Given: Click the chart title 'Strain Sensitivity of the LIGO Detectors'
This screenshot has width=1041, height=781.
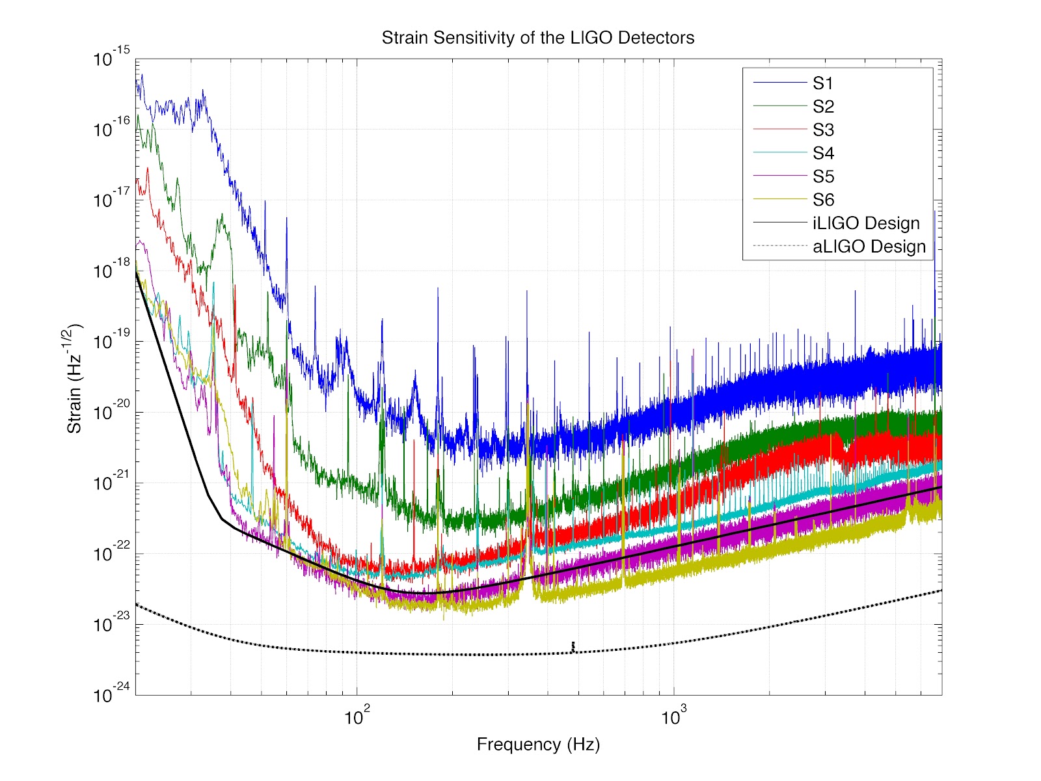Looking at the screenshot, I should coord(537,38).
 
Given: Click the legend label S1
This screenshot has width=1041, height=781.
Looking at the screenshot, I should coord(823,83).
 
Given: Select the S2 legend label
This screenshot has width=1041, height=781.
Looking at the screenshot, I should coord(823,107).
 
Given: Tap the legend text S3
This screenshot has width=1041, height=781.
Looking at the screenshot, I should coord(823,130).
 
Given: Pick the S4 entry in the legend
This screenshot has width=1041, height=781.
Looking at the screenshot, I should coord(823,154).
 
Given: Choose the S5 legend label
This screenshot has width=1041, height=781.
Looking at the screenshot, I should coord(823,177).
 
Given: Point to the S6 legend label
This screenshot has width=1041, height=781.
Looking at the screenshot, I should coord(823,200).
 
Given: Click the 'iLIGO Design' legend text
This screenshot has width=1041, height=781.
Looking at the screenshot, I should coord(866,224).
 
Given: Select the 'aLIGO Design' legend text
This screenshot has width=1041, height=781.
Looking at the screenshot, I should coord(869,247).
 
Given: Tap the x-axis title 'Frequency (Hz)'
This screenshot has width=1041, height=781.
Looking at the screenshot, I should coord(538,745).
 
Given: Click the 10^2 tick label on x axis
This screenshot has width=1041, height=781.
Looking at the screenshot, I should coord(357,717).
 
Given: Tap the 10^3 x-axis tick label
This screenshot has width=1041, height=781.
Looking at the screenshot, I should coord(674,717).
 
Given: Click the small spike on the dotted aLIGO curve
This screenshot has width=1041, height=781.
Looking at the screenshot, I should coord(573,646).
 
